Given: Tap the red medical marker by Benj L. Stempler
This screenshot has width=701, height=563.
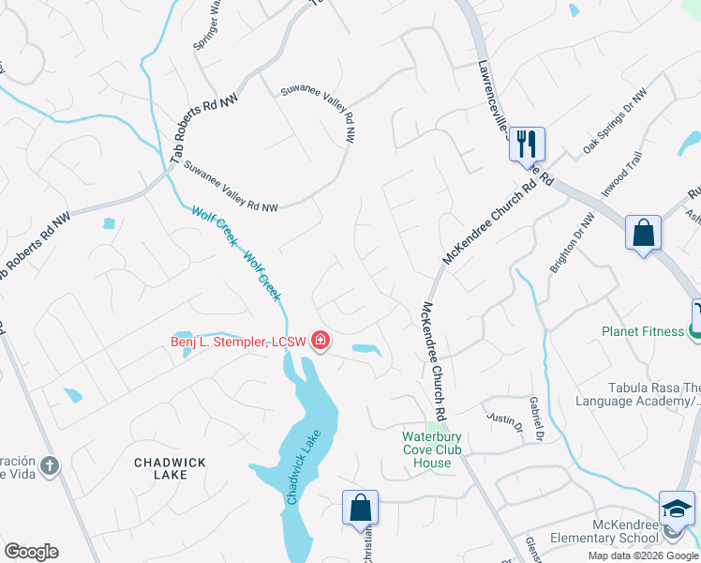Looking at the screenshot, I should [x=321, y=340].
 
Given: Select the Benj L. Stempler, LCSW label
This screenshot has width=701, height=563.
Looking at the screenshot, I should [x=238, y=342].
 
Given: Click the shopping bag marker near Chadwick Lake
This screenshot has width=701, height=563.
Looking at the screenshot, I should [x=360, y=508].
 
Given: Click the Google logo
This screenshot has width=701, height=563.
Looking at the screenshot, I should [x=31, y=552].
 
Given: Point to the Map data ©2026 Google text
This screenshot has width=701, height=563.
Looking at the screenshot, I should [x=642, y=555].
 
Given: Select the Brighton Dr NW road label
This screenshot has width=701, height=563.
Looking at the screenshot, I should [x=573, y=243].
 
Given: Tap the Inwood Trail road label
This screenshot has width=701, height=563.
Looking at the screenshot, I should [x=621, y=175].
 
